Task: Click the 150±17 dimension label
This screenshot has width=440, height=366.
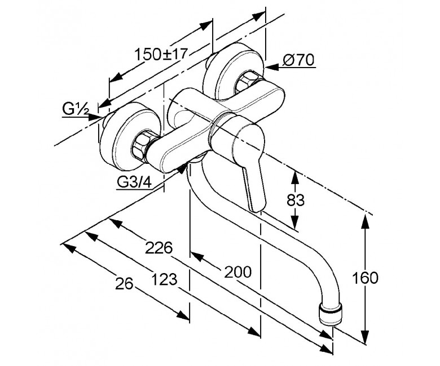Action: pos(161,54)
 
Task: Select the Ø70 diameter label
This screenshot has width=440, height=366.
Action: pos(298,60)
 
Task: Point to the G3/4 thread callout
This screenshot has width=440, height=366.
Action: pos(134,182)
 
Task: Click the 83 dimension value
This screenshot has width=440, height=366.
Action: pos(296,200)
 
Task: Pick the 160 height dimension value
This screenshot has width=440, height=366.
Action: pos(365,278)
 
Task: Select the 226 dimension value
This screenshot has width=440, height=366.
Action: pos(159,248)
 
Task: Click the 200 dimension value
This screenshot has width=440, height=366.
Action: pos(238,272)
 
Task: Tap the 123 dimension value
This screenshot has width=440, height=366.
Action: pos(165,279)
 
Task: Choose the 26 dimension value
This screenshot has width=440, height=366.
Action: pos(124,284)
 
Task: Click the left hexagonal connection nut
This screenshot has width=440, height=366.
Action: pos(140,145)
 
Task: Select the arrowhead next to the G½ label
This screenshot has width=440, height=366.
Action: pos(94,117)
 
